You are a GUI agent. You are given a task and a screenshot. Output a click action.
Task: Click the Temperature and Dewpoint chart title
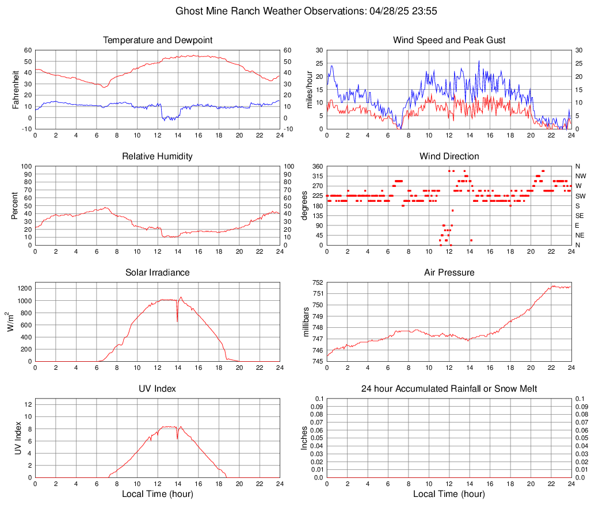click(157, 40)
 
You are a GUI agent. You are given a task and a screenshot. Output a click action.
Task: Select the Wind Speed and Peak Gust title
click(449, 40)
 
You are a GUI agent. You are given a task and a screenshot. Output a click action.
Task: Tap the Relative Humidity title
click(157, 156)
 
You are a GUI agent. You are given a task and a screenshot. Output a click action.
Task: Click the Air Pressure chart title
click(449, 273)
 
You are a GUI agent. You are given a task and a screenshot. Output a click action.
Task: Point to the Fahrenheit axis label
click(16, 89)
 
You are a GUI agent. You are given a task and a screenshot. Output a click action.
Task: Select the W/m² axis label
click(11, 322)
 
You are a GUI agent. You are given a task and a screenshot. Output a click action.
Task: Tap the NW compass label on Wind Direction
click(580, 176)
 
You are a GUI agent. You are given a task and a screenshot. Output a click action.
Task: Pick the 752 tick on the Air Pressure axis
click(318, 282)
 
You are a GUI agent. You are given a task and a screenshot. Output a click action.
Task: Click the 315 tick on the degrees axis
click(318, 176)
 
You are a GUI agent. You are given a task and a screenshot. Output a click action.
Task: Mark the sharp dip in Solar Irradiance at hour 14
click(177, 320)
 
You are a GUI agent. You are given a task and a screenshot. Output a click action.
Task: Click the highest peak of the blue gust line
click(479, 62)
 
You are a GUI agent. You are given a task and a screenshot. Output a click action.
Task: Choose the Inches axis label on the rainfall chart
click(305, 438)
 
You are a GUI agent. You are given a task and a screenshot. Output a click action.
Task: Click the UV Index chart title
click(157, 389)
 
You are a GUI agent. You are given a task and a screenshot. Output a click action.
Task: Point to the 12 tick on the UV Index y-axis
click(26, 404)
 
